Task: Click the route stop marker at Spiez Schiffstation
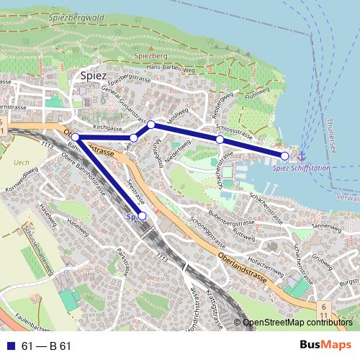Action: pyautogui.click(x=284, y=156)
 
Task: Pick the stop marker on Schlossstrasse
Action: pyautogui.click(x=220, y=139)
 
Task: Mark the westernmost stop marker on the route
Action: pyautogui.click(x=75, y=137)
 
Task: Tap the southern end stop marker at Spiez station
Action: pyautogui.click(x=142, y=216)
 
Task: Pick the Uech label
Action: pyautogui.click(x=21, y=163)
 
